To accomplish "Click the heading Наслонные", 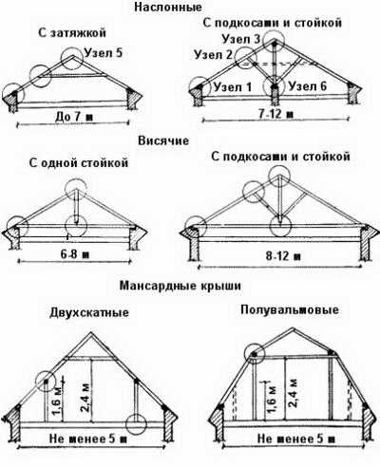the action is tap(168, 7).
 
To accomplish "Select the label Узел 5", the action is tap(103, 52).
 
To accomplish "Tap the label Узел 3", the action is tap(241, 39).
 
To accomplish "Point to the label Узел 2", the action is tap(214, 55).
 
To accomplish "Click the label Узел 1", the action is tap(233, 86).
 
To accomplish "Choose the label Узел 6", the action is tap(307, 86).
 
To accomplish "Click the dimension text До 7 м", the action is tap(74, 118).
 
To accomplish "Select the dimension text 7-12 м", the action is tap(275, 114).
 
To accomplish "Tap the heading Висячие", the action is tap(163, 140).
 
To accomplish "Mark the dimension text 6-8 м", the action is tap(74, 254).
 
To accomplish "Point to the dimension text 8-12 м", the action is tap(283, 255).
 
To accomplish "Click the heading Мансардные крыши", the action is tap(180, 286).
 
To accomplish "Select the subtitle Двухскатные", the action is tap(89, 312).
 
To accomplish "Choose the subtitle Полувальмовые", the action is tap(290, 309).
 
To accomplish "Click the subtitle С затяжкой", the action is tap(72, 33).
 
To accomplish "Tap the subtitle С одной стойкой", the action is tap(79, 162).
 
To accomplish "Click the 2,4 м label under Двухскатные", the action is tap(85, 398).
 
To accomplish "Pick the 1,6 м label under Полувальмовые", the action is tap(272, 400).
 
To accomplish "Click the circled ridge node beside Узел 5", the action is tap(72, 59).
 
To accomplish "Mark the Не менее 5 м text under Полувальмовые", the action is tap(295, 439).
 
